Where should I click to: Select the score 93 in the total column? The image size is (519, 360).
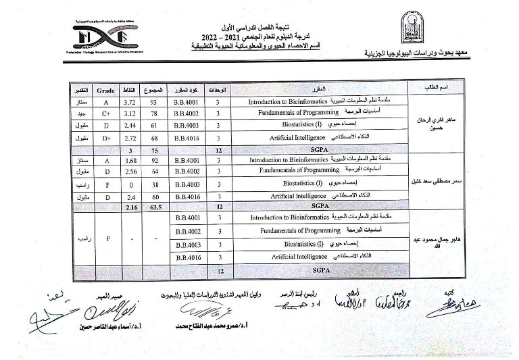pyautogui.click(x=155, y=101)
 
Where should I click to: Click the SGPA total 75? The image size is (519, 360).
pyautogui.click(x=155, y=149)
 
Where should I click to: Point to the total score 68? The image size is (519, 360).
pyautogui.click(x=155, y=137)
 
